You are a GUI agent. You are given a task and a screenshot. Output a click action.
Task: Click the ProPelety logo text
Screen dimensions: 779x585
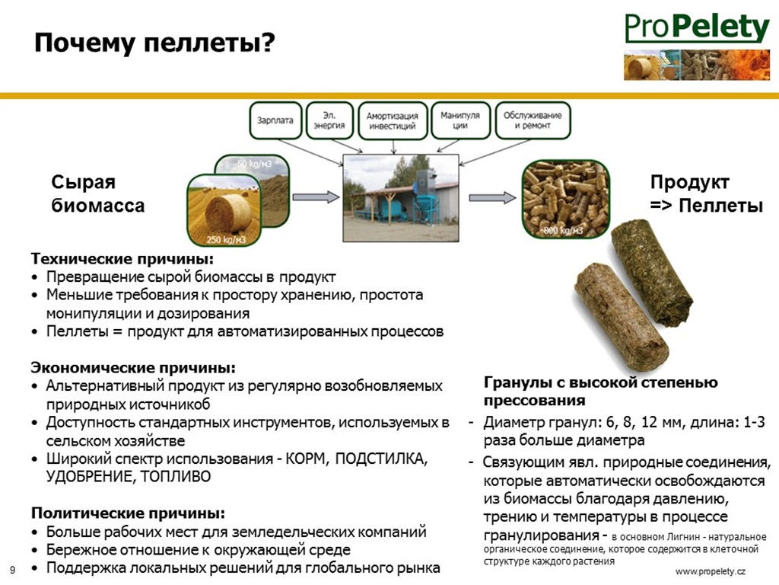click(x=697, y=28)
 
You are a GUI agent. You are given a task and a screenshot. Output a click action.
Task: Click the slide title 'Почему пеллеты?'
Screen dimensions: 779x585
click(x=154, y=43)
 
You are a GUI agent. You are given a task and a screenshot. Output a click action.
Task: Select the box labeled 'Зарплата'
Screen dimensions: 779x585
click(x=275, y=120)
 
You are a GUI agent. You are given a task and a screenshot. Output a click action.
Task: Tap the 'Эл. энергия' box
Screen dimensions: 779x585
click(x=329, y=120)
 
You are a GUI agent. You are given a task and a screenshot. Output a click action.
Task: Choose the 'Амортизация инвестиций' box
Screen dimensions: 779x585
click(x=393, y=121)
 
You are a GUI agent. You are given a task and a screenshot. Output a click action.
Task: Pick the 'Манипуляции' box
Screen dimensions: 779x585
click(x=460, y=120)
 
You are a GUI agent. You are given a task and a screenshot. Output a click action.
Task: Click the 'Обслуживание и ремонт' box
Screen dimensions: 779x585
click(x=533, y=120)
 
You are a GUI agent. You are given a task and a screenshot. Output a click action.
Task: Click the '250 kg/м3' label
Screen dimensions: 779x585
click(x=226, y=240)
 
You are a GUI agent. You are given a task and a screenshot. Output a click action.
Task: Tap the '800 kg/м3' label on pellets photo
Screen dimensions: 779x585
click(x=563, y=231)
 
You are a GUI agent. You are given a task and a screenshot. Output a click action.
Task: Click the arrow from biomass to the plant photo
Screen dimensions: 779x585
click(x=316, y=197)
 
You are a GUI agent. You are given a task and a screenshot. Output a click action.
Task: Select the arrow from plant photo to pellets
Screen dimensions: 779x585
click(x=492, y=197)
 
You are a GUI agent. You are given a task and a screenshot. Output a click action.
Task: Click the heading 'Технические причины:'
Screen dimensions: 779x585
click(x=122, y=259)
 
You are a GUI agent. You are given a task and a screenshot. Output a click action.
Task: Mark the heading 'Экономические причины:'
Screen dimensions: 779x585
click(x=133, y=368)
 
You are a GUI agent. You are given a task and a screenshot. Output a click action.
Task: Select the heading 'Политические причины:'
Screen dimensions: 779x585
click(x=128, y=513)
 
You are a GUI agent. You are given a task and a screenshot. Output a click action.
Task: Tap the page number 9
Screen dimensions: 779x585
click(x=12, y=570)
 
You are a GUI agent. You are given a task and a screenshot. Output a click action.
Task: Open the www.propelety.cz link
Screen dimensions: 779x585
click(x=711, y=571)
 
